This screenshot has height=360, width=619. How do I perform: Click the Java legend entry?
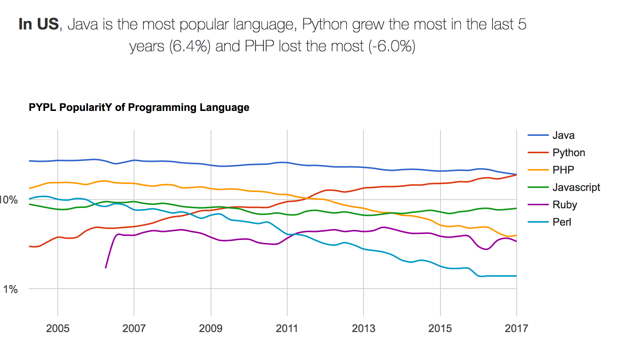pyautogui.click(x=563, y=135)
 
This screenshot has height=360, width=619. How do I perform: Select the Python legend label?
pyautogui.click(x=568, y=152)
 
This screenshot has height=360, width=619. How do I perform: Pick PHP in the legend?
pyautogui.click(x=563, y=170)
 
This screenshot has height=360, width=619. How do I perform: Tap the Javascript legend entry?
pyautogui.click(x=576, y=187)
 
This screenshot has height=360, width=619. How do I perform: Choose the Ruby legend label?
pyautogui.click(x=565, y=205)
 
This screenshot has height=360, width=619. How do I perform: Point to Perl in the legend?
pyautogui.click(x=562, y=222)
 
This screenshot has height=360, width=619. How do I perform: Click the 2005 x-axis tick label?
pyautogui.click(x=58, y=328)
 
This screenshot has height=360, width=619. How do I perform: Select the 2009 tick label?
pyautogui.click(x=211, y=328)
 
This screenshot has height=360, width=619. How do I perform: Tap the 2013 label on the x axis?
pyautogui.click(x=363, y=328)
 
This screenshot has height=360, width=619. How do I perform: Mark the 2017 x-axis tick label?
pyautogui.click(x=516, y=328)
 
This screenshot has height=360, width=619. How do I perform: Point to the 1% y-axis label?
pyautogui.click(x=11, y=289)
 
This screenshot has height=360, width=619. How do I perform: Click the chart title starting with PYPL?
pyautogui.click(x=139, y=108)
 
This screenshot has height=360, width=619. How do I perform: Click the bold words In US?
pyautogui.click(x=38, y=24)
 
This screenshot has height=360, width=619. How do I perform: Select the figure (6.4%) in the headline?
pyautogui.click(x=189, y=46)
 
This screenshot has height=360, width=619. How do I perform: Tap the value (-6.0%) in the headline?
pyautogui.click(x=392, y=46)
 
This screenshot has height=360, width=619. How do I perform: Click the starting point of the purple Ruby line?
pyautogui.click(x=106, y=268)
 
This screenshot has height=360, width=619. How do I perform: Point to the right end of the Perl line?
pyautogui.click(x=516, y=276)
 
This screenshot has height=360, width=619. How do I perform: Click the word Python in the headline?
pyautogui.click(x=325, y=25)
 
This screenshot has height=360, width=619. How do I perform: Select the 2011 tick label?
pyautogui.click(x=287, y=328)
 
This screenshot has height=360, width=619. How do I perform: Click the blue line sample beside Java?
pyautogui.click(x=538, y=135)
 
